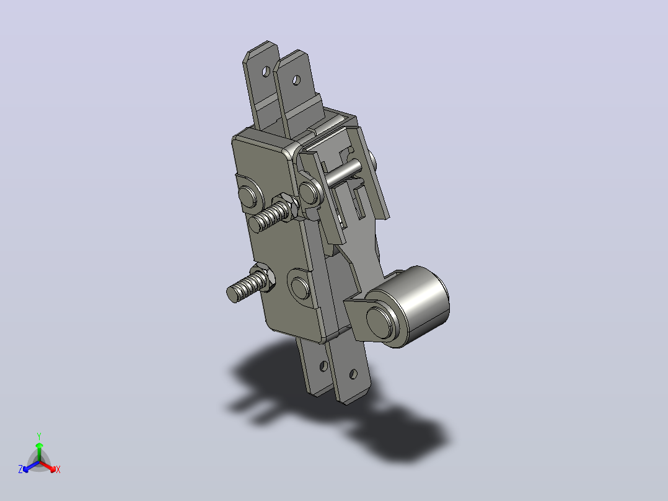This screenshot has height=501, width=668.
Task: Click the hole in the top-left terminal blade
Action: [266, 71]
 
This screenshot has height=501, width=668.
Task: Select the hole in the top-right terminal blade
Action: [296, 80]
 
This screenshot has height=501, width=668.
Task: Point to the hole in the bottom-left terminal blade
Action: [323, 366]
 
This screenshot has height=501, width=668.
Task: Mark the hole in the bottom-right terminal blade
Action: [353, 375]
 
